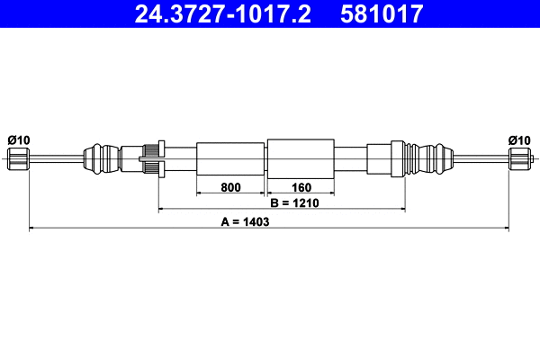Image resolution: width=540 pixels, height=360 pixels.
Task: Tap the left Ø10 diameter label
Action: tap(18, 139)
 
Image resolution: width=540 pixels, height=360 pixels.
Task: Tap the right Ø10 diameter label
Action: tap(518, 139)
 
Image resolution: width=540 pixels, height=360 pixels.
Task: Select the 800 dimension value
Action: tap(230, 188)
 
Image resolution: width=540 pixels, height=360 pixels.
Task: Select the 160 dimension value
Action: tap(301, 188)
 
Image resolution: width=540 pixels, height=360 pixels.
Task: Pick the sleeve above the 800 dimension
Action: tap(230, 159)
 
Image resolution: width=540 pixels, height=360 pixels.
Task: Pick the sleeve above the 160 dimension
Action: tap(301, 159)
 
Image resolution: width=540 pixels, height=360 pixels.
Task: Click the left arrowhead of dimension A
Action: tap(32, 229)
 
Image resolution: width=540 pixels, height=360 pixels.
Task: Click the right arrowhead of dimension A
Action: tap(507, 229)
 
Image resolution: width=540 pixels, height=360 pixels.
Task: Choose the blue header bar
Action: tap(270, 14)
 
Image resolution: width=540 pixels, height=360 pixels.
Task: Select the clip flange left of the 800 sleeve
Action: tap(159, 159)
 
